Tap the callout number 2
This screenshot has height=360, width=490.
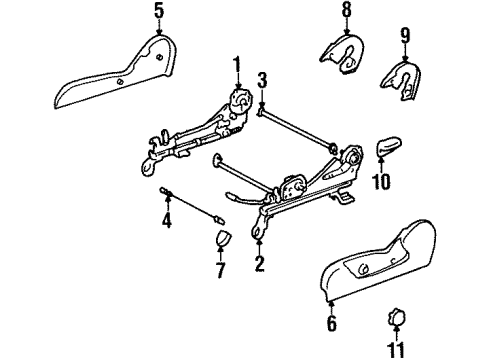point(258,264)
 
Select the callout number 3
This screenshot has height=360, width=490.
point(262,79)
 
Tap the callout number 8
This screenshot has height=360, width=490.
point(347,11)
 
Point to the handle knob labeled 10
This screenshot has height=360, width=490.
point(387,148)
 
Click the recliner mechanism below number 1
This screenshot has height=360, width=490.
point(240,102)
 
